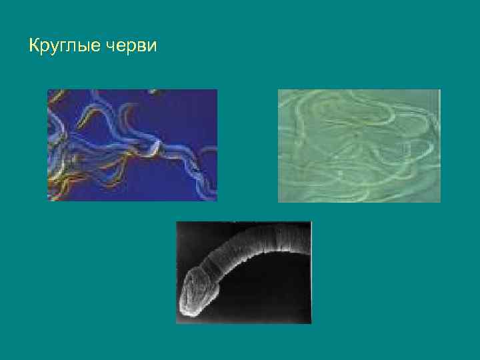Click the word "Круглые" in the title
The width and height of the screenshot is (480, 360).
tap(65, 47)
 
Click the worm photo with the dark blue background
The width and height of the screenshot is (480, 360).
tap(132, 145)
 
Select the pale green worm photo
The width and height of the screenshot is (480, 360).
tap(359, 145)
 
